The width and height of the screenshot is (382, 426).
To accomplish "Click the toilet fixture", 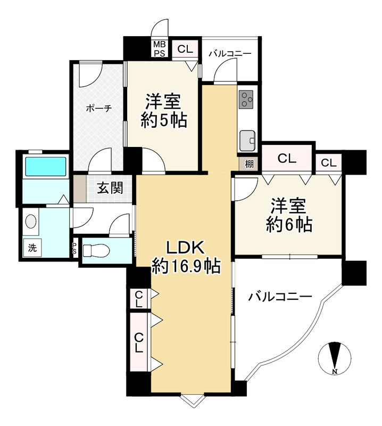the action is pos(96,250).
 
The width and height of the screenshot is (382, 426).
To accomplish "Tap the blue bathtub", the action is pos(46,166).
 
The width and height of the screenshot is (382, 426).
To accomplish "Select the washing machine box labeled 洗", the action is pos(32,248).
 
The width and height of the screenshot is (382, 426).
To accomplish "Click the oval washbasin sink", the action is pos(31,221).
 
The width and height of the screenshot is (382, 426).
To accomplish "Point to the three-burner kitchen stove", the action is pos(246,99).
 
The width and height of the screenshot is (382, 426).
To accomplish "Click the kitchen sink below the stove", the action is pos(247,141).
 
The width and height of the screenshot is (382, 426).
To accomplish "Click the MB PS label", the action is pos(160,49).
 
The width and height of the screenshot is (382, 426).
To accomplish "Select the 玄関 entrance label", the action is pos(110,187).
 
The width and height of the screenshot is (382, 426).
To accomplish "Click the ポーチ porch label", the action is pos(99,109).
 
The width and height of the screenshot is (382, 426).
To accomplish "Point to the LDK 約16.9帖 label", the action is pos(186,257).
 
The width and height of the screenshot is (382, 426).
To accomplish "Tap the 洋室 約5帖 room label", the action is pos(164,111).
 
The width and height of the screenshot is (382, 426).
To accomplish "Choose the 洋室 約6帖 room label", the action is pos(289,215).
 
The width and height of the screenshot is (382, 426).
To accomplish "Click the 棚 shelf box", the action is pos(249,164).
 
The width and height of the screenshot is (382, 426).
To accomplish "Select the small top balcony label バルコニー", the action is pos(230,54).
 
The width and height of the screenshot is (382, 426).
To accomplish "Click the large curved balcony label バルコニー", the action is pos(280,297).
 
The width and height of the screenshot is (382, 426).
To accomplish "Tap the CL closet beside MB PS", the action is pos(185,49).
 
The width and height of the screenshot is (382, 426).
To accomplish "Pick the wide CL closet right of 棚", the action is pos(287,158).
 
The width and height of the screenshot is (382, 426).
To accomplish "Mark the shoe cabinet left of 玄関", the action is pos(80,189).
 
